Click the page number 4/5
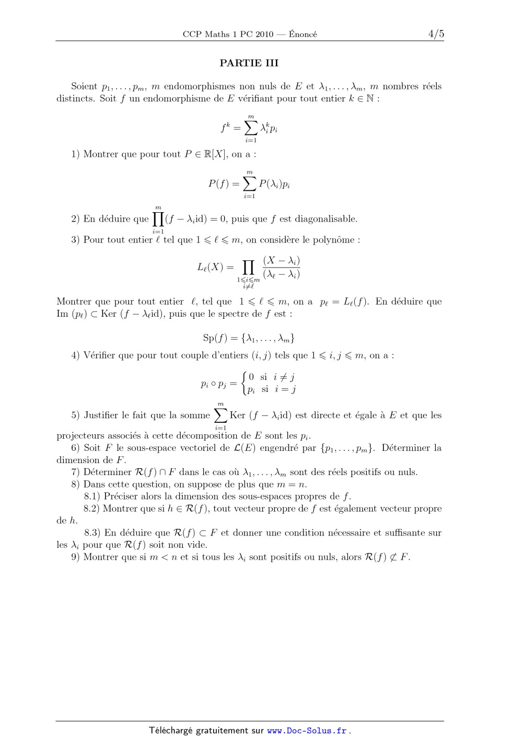(x=436, y=34)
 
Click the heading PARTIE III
(x=249, y=63)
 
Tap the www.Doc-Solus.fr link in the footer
(x=307, y=731)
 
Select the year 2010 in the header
(x=264, y=34)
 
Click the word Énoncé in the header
(x=303, y=34)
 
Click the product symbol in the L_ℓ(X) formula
(x=248, y=268)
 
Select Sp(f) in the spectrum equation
(x=215, y=338)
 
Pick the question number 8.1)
(x=92, y=496)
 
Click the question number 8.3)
(x=92, y=533)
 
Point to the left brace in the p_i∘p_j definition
(x=243, y=383)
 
